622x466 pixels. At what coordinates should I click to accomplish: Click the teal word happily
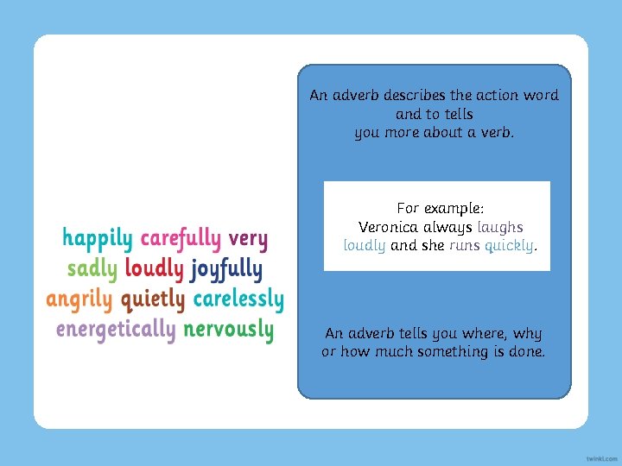pyautogui.click(x=98, y=239)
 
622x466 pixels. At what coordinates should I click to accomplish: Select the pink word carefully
pyautogui.click(x=181, y=239)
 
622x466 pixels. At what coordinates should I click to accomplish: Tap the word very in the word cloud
pyautogui.click(x=248, y=239)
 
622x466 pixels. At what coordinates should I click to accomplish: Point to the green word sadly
pyautogui.click(x=92, y=269)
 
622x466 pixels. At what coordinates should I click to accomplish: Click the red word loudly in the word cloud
pyautogui.click(x=155, y=269)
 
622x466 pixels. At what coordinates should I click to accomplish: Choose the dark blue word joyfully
pyautogui.click(x=226, y=269)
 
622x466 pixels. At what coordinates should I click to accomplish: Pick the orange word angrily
pyautogui.click(x=79, y=299)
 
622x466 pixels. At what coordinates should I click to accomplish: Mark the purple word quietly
pyautogui.click(x=153, y=299)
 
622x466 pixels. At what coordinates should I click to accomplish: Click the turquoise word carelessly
pyautogui.click(x=238, y=299)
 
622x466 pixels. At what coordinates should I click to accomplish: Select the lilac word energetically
pyautogui.click(x=116, y=330)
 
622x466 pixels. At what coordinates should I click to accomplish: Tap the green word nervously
pyautogui.click(x=229, y=330)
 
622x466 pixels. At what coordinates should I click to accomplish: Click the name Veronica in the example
pyautogui.click(x=390, y=227)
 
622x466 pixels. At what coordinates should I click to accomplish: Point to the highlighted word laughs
pyautogui.click(x=500, y=227)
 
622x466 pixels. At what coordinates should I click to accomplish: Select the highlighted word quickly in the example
pyautogui.click(x=511, y=245)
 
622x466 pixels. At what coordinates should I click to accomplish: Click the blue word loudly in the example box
pyautogui.click(x=365, y=245)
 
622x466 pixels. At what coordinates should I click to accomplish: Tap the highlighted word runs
pyautogui.click(x=464, y=245)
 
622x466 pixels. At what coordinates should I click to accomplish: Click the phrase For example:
pyautogui.click(x=440, y=209)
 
